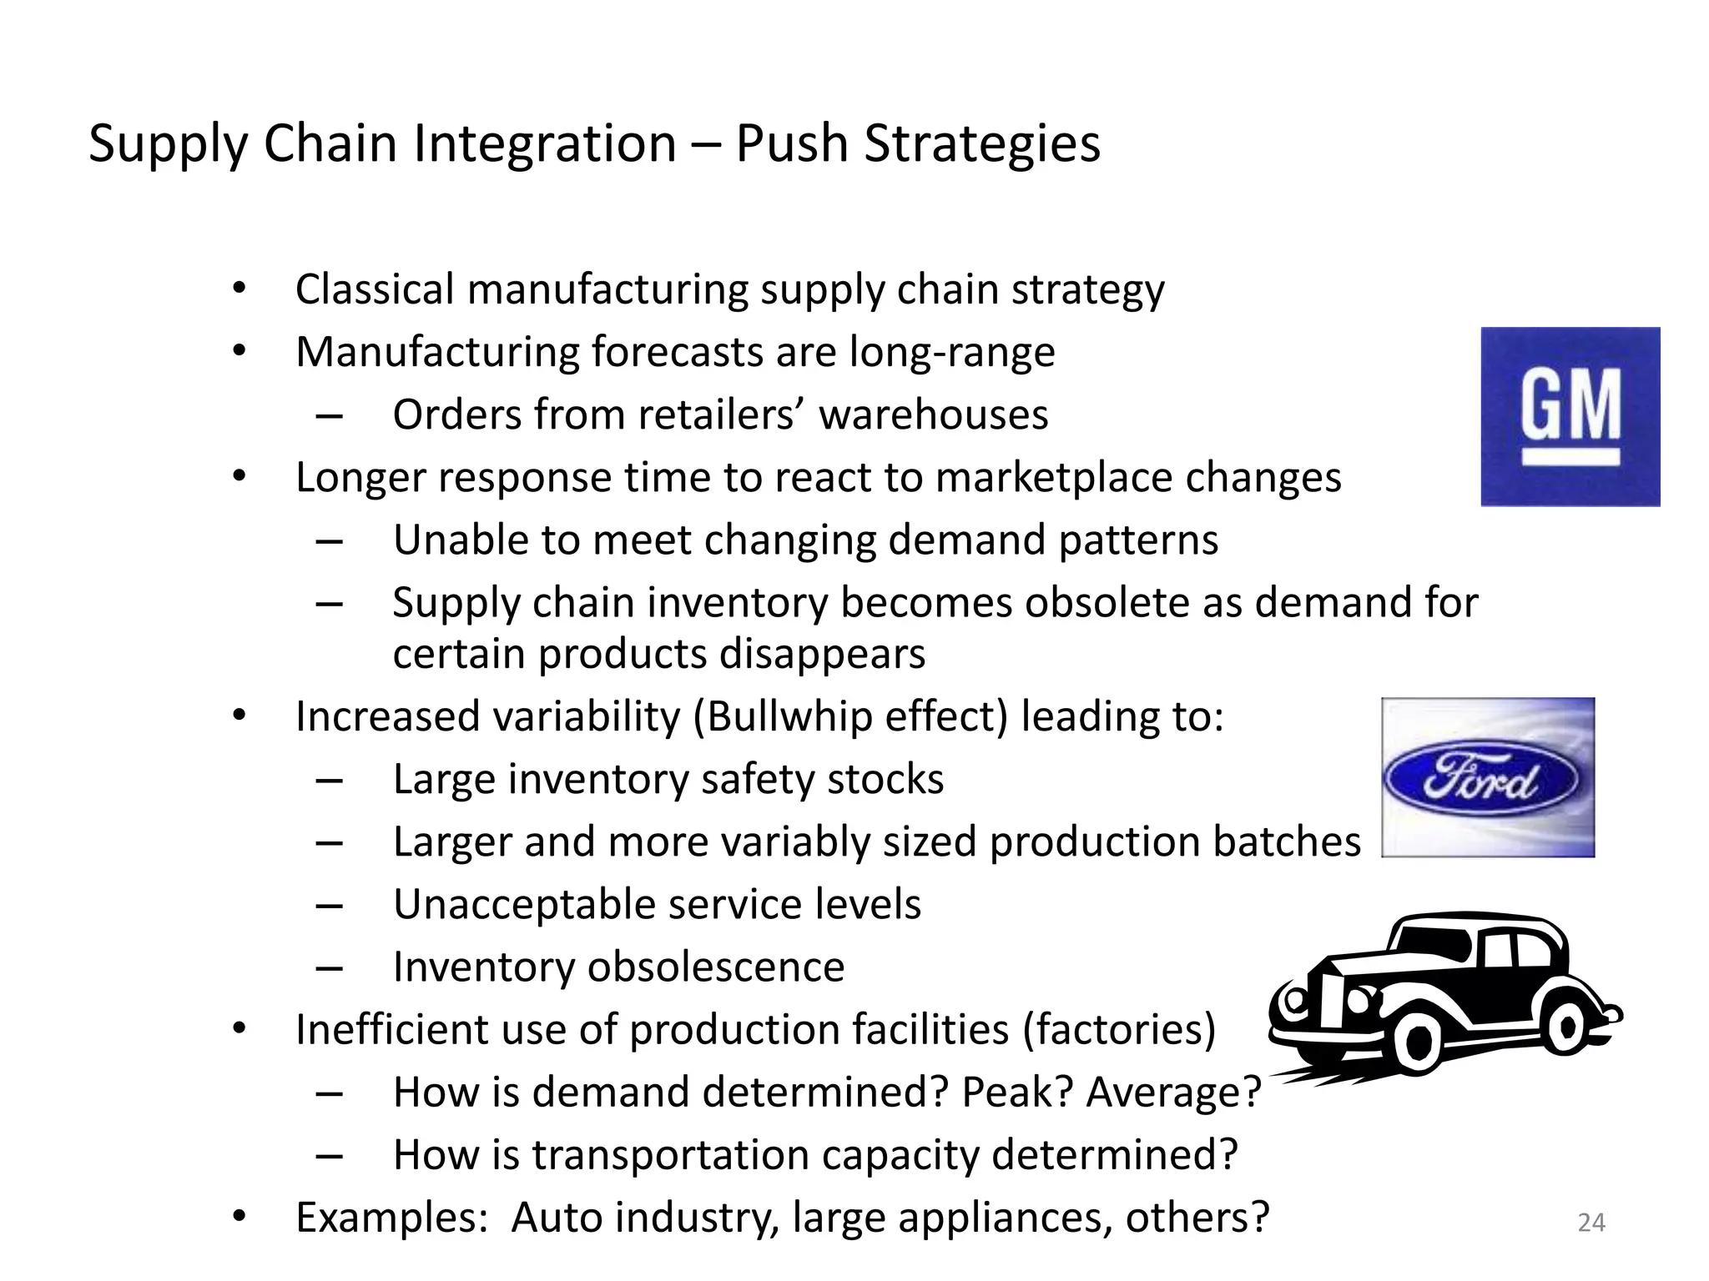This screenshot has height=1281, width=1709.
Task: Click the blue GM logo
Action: coord(1570,416)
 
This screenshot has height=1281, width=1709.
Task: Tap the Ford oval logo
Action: coord(1481,780)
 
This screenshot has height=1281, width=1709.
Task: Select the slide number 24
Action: coord(1591,1223)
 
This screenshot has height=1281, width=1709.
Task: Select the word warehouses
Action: coord(933,414)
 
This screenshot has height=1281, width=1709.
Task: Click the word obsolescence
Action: coord(715,967)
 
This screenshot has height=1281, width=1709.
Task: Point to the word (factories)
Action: coord(1119,1029)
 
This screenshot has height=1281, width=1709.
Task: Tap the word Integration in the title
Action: coord(545,143)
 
